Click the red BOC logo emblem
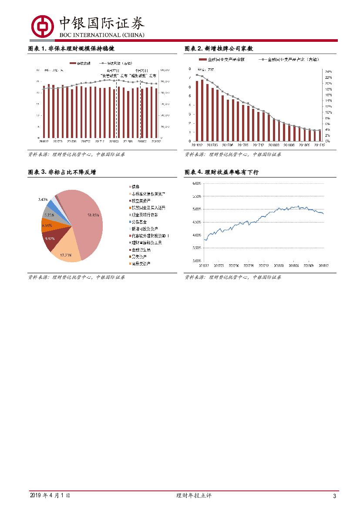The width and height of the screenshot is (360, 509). [x=41, y=26]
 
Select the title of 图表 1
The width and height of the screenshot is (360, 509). [x=71, y=48]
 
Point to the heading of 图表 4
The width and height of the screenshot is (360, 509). [x=222, y=172]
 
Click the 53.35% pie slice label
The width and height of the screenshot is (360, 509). [x=93, y=215]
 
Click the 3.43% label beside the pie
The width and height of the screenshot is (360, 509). [x=43, y=199]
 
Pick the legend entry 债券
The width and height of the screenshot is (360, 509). [x=135, y=186]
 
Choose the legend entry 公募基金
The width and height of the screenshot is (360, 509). [x=139, y=222]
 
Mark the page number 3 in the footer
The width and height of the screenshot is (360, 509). [x=334, y=496]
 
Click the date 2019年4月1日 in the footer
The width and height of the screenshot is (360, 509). [x=50, y=496]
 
